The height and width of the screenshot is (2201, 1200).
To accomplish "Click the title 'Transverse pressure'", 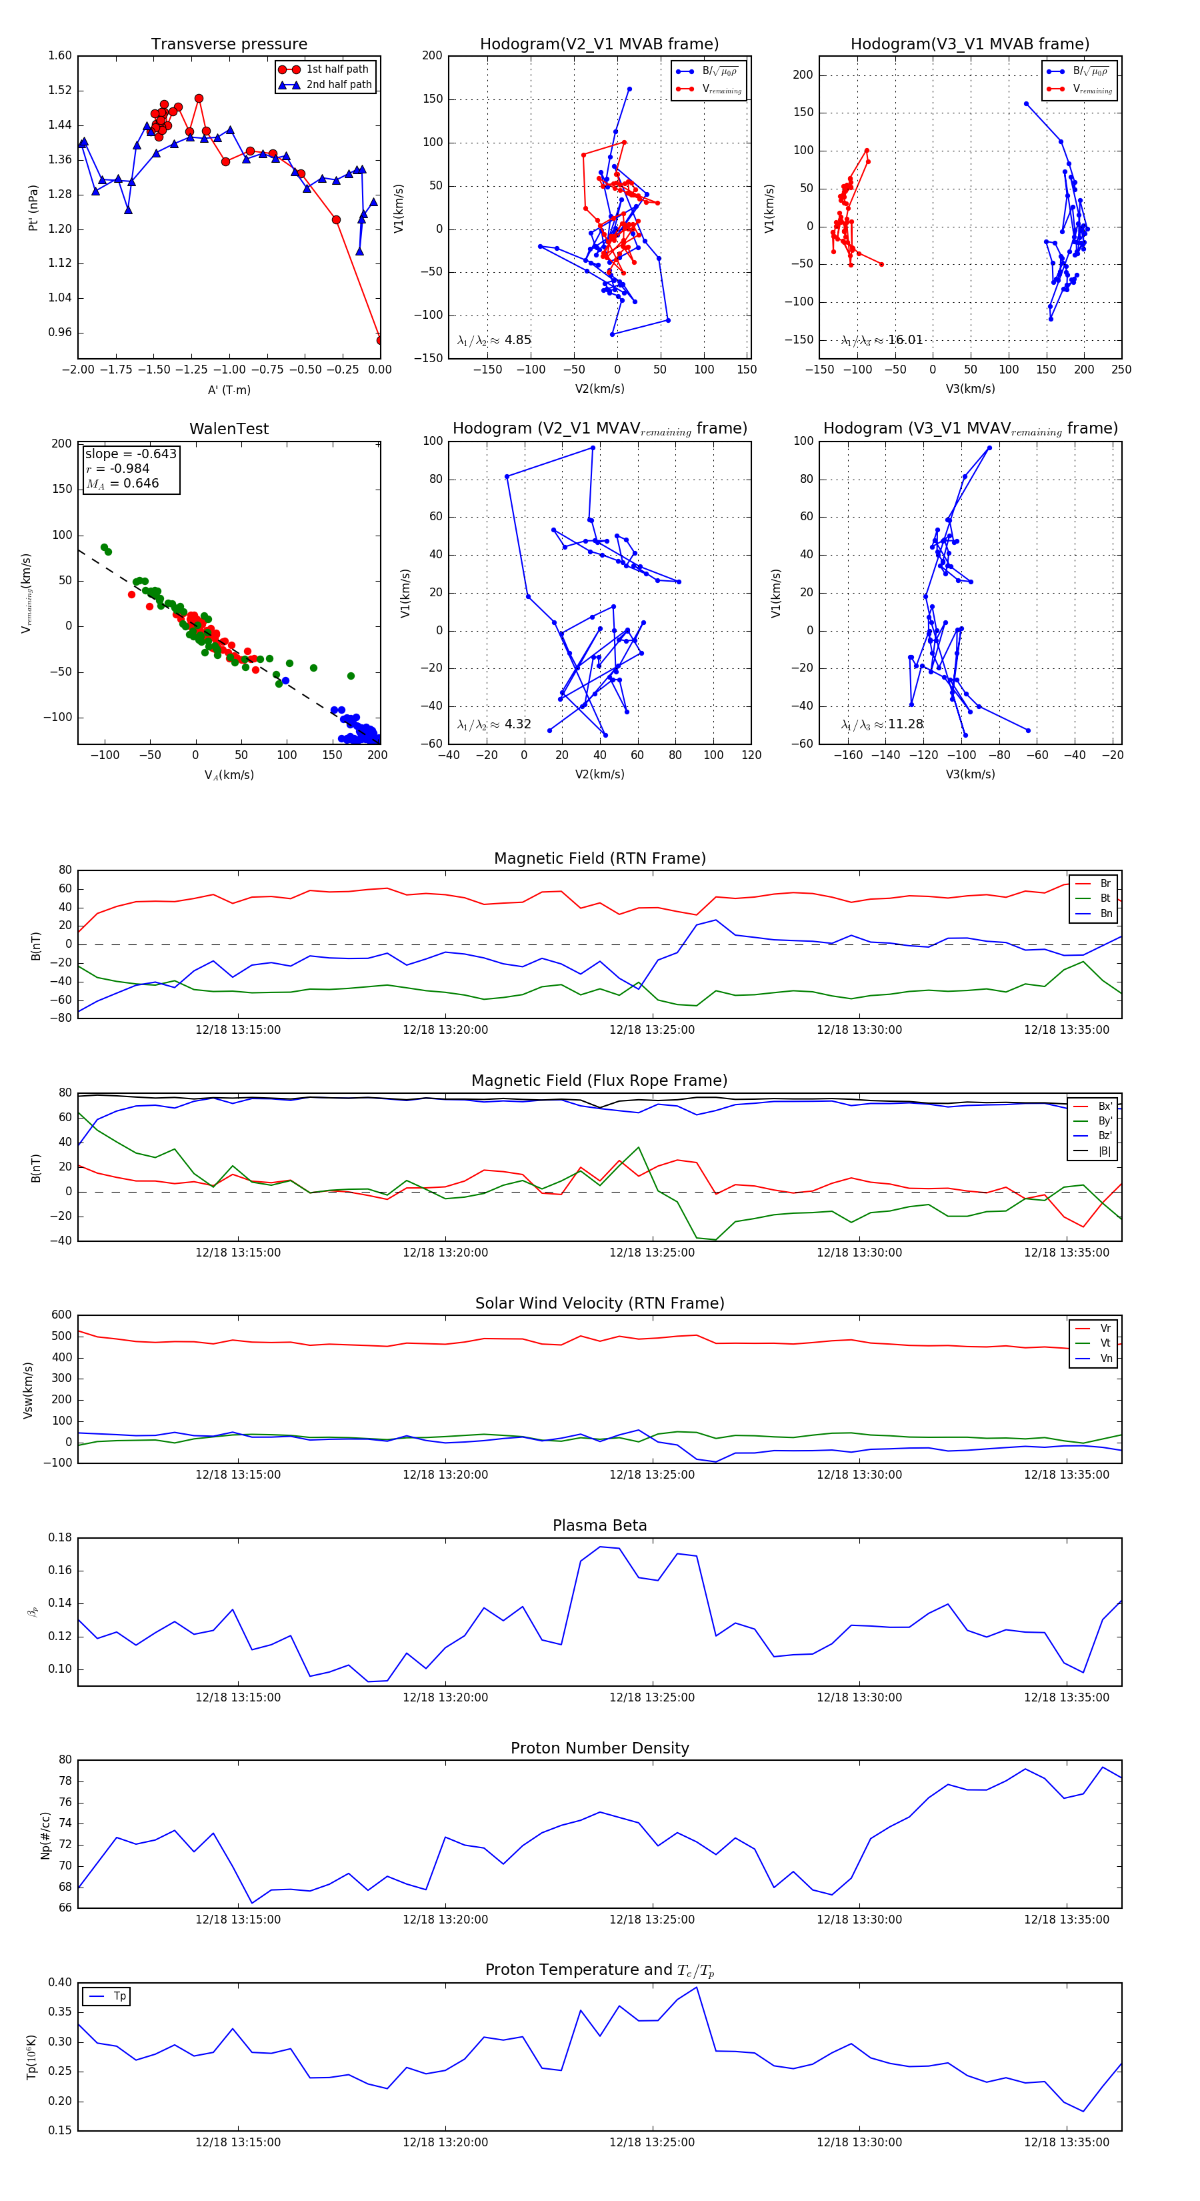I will point(229,45).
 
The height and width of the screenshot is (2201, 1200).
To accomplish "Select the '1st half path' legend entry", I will point(337,69).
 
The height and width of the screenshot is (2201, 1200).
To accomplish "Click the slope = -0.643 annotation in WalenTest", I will point(131,454).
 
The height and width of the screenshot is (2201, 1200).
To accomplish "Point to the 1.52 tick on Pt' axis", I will point(60,91).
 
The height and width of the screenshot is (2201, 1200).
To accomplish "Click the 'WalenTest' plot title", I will point(229,429).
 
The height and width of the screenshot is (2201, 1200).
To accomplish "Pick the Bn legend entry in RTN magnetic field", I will point(1105,913).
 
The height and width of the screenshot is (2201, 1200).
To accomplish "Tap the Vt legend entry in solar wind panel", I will point(1105,1343).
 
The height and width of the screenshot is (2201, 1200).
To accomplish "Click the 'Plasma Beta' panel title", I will point(599,1525).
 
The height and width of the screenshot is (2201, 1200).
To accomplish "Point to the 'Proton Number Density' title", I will point(599,1748).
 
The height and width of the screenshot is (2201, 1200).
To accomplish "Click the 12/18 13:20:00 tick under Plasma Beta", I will point(445,1697).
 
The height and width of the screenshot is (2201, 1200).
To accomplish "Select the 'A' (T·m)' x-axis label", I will point(229,390).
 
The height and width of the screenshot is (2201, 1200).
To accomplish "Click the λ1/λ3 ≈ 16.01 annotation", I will point(882,340).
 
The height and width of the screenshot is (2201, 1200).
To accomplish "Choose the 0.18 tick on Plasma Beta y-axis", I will point(60,1538).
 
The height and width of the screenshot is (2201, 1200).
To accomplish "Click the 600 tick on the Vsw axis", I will point(61,1315).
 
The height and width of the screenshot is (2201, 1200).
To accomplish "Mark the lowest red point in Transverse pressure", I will point(380,340).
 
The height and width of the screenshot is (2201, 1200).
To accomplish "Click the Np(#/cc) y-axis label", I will point(45,1836).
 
